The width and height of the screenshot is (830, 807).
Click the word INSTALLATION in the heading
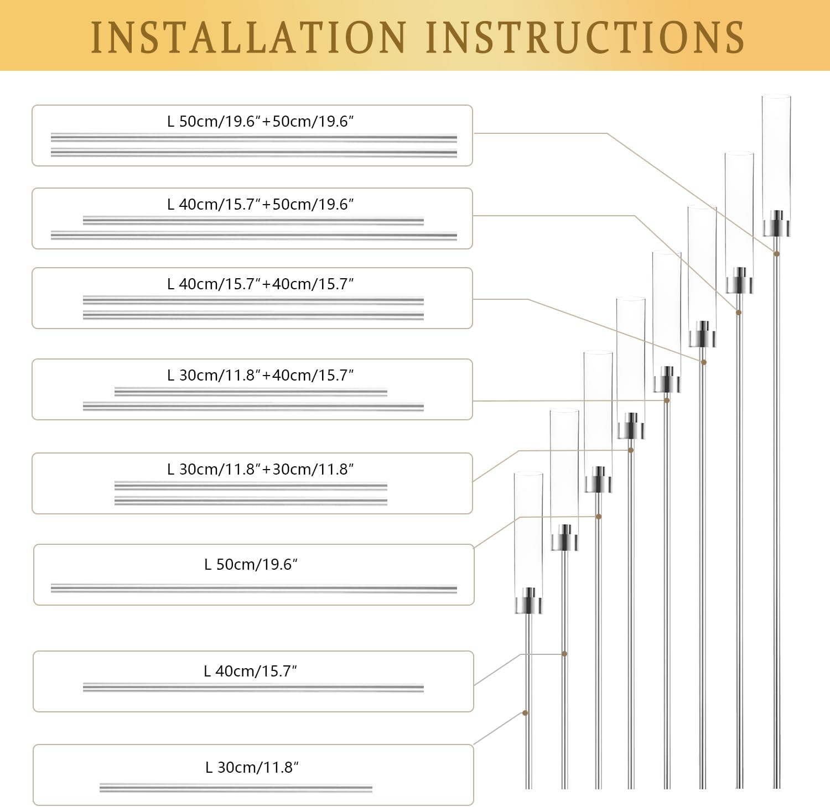248,37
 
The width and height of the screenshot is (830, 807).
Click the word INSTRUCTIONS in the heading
585,37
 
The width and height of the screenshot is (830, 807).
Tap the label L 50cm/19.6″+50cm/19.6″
260,121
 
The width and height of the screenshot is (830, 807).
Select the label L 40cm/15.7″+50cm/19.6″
260,204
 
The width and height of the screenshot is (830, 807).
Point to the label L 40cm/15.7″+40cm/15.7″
260,284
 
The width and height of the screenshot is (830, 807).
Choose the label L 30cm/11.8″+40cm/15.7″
260,375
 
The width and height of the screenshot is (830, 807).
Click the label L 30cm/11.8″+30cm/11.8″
260,469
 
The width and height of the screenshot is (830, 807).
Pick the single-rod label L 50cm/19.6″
251,564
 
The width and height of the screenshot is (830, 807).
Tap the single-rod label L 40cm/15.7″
250,671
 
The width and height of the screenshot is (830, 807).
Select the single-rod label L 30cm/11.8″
252,767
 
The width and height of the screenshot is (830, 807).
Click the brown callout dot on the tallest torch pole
777,254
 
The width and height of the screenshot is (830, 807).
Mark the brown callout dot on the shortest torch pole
525,713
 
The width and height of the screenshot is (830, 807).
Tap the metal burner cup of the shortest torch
528,602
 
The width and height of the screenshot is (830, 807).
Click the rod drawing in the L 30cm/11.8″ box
236,788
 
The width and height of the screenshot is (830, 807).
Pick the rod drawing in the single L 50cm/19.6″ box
253,589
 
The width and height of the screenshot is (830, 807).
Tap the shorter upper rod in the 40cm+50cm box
253,221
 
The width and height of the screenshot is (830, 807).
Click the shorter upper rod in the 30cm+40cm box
251,392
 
